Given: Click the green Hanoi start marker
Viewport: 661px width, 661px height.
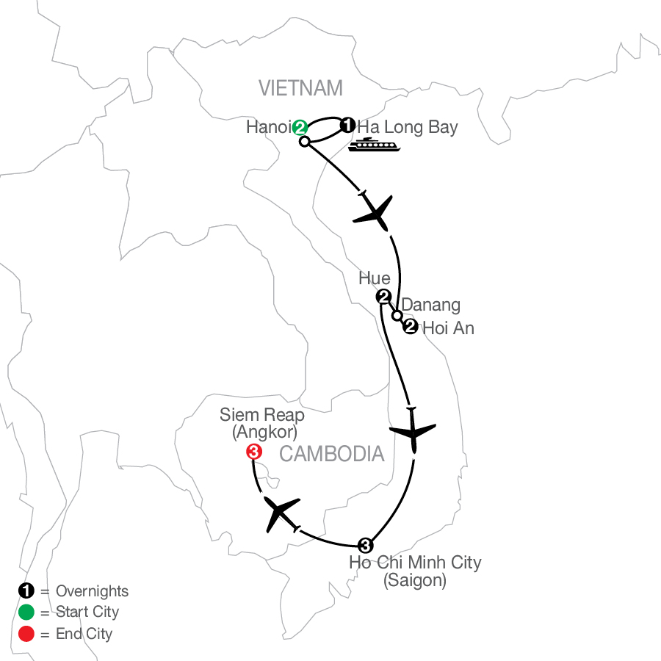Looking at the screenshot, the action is pos(300,127).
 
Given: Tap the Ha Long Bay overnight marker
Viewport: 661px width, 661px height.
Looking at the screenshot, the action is pos(347,125).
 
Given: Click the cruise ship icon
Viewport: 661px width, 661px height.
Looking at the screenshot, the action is pos(375,145).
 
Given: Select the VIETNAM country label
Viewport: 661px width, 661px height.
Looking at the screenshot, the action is pos(300,88).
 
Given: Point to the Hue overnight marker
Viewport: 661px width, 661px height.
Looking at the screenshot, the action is pos(383,297).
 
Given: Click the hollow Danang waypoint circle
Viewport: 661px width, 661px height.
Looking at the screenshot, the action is pos(397,315).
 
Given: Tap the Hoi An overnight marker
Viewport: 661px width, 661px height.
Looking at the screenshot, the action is pos(410,327).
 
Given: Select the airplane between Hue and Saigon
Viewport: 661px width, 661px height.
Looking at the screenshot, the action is pos(413,431).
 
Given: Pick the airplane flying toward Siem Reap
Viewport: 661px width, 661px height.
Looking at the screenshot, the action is pos(280,513).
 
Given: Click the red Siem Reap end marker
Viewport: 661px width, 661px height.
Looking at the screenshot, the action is pos(254,452).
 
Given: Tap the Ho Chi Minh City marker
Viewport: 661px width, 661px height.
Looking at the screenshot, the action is pos(365,546).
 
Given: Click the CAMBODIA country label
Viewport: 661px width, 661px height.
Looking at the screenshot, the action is pos(332,454).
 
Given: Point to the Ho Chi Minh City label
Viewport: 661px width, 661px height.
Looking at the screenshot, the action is pos(415,571).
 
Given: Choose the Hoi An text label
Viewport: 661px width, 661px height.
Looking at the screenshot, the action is pos(449,328).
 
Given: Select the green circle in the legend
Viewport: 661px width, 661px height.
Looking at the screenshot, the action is pos(26,612).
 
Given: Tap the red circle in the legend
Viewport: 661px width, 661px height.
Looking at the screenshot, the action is pos(26,634).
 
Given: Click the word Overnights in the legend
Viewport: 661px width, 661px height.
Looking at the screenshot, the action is pos(93,591).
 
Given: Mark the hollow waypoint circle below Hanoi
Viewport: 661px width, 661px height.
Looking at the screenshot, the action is pos(304,142).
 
